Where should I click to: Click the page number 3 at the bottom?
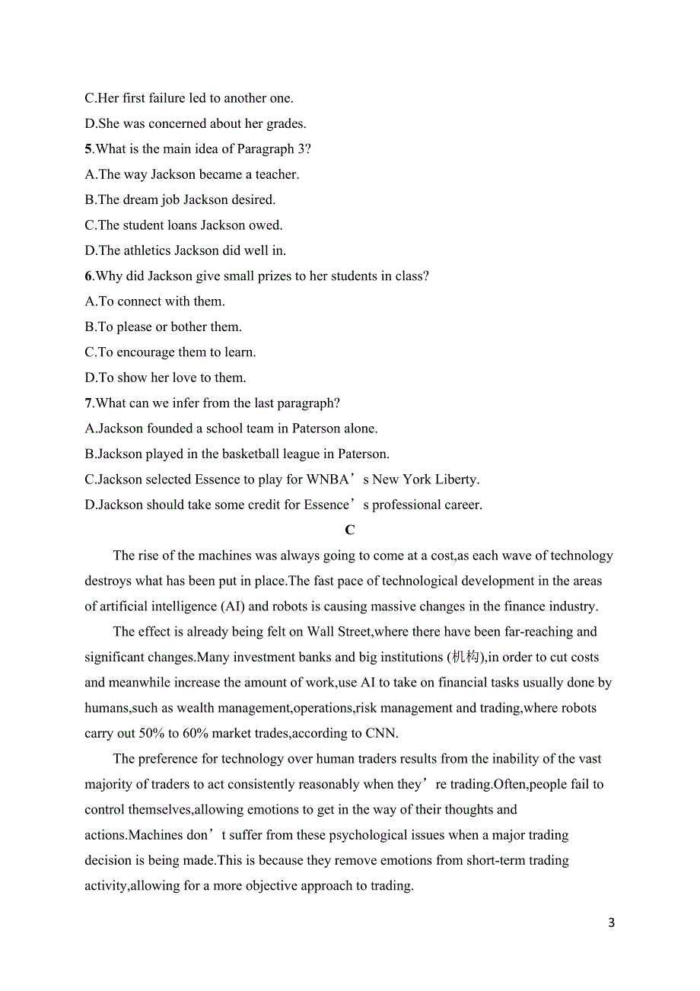click(x=612, y=923)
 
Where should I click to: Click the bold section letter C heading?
click(x=349, y=530)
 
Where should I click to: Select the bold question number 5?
click(x=88, y=149)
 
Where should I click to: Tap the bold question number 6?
click(x=88, y=276)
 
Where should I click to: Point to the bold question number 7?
click(x=88, y=403)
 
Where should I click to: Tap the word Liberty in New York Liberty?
click(x=456, y=480)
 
